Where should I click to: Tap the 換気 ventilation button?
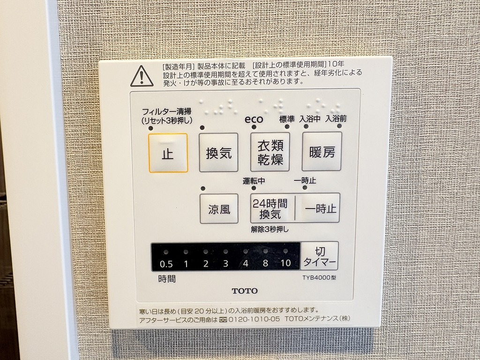[218, 152]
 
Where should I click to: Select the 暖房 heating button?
[322, 151]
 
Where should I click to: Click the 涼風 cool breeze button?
[219, 209]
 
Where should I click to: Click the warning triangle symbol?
[142, 76]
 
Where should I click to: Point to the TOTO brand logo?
[245, 291]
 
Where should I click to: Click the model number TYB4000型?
[319, 277]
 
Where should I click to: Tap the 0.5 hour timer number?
[166, 264]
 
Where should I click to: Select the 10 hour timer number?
[285, 262]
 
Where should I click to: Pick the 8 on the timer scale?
[265, 263]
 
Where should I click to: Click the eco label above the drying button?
[254, 119]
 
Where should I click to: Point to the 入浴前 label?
[336, 118]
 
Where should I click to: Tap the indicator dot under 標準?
[287, 127]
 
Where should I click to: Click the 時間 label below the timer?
[167, 279]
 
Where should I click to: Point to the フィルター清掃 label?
[166, 112]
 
